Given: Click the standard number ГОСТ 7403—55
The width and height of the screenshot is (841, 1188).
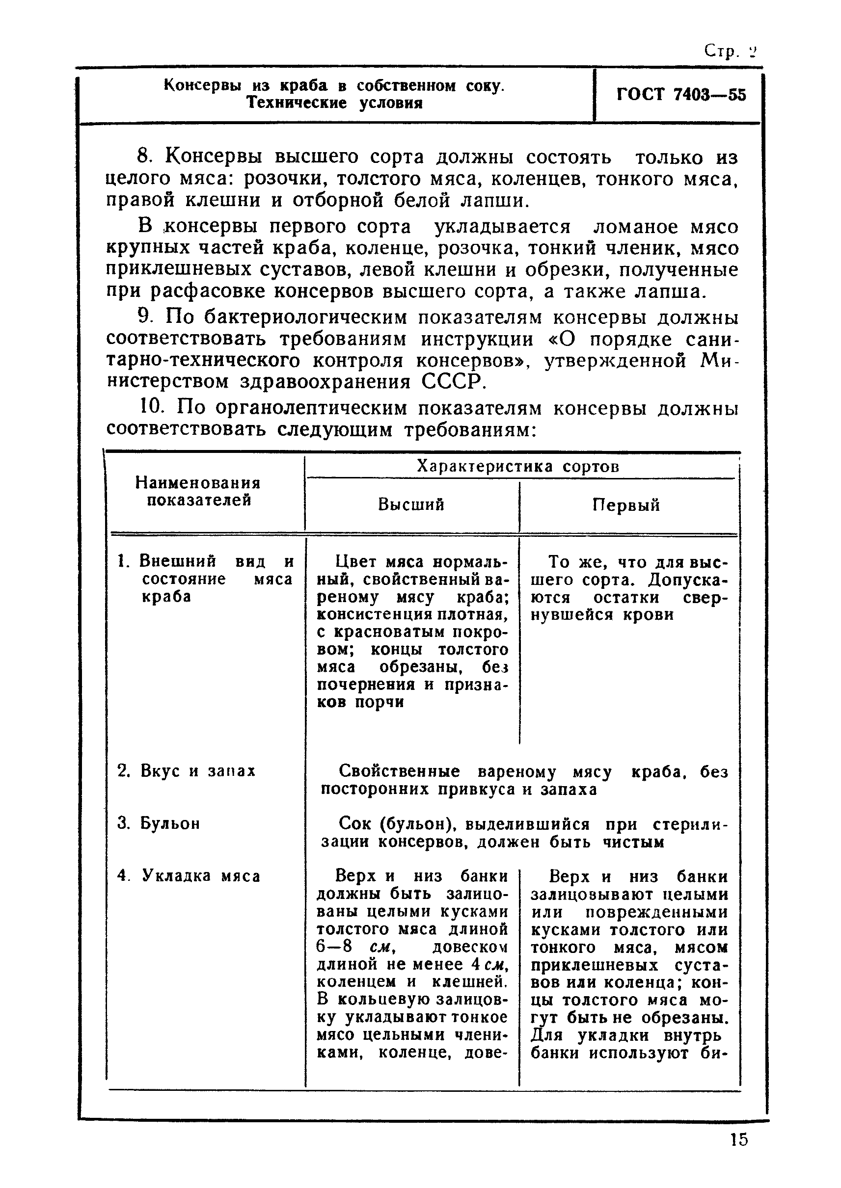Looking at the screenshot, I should click(681, 95).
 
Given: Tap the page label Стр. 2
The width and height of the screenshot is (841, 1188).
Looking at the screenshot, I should click(730, 52).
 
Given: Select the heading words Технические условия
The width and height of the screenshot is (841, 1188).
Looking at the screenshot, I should click(334, 103).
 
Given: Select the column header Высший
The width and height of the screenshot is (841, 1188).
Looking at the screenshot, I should click(411, 505).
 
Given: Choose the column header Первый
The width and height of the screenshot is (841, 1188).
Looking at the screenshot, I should click(626, 505).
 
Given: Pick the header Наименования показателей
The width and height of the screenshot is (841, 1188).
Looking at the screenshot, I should click(198, 492).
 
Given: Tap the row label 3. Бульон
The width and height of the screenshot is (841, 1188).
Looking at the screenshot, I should click(159, 823).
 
